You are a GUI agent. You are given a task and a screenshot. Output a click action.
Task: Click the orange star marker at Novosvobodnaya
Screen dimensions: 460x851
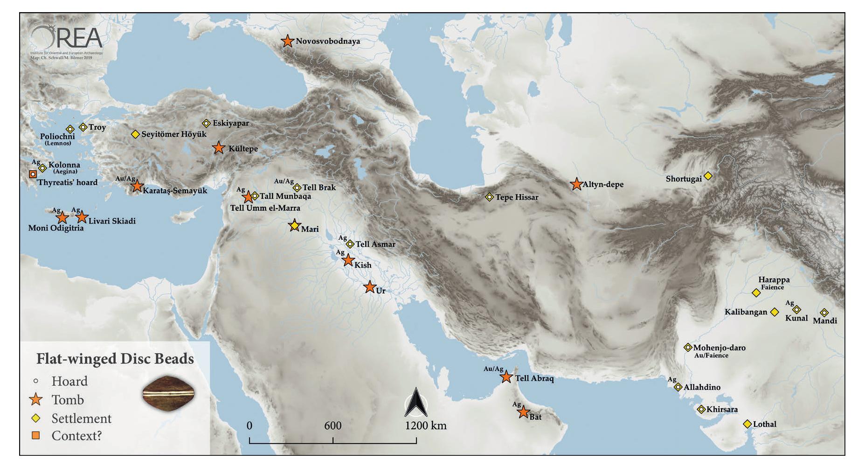click(288, 41)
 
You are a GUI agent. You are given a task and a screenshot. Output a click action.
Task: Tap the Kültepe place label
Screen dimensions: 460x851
click(243, 149)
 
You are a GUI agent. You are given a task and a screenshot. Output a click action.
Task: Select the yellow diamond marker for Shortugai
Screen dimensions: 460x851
click(708, 176)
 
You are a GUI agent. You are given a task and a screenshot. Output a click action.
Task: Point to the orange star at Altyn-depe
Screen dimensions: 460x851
click(577, 184)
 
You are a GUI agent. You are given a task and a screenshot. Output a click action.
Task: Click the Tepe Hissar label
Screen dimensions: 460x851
click(517, 197)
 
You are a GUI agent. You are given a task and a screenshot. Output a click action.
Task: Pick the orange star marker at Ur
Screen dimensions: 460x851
click(370, 287)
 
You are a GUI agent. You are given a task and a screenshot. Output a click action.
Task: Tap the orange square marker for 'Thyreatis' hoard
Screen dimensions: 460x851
click(33, 174)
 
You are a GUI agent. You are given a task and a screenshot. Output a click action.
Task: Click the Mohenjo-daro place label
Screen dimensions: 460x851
click(719, 348)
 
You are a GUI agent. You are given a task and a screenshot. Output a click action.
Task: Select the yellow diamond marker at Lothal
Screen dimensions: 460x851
click(747, 424)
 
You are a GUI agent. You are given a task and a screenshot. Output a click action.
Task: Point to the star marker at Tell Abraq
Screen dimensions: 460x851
click(506, 377)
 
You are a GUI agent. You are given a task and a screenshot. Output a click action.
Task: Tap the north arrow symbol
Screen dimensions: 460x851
click(416, 403)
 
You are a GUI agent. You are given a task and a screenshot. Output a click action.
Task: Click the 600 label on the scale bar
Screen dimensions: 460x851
click(333, 425)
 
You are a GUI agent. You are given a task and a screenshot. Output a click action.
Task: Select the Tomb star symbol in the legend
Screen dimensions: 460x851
click(36, 400)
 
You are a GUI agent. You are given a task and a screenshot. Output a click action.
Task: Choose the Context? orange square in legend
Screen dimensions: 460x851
click(36, 436)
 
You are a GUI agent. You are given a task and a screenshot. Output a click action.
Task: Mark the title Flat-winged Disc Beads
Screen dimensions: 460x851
click(115, 359)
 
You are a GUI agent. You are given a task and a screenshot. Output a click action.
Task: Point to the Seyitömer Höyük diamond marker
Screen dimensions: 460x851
click(135, 134)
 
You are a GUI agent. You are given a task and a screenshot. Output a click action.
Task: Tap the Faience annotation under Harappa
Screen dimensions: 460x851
click(772, 287)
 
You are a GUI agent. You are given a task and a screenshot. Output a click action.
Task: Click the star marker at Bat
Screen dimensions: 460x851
click(523, 412)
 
